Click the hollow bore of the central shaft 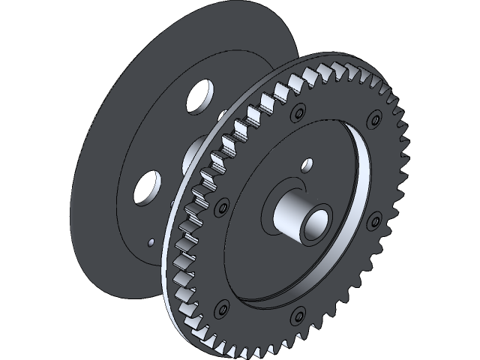point(316,222)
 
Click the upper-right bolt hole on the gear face point(371,118)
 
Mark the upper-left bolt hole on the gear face point(222,204)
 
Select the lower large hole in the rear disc point(146,186)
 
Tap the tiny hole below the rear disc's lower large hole point(151,241)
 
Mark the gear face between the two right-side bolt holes point(379,169)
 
